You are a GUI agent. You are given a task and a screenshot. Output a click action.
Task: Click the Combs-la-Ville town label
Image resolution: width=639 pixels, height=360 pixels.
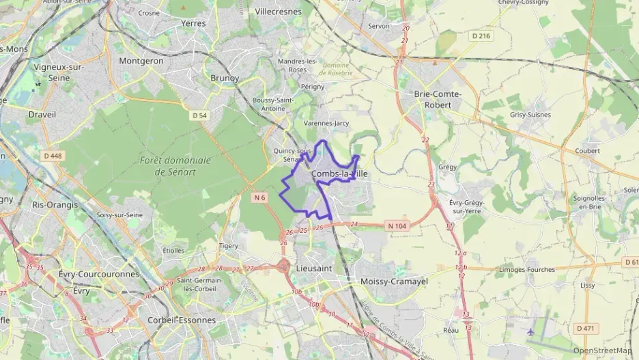click(x=339, y=174)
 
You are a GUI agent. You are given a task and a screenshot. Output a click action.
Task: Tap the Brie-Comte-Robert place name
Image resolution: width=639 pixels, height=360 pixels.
click(x=438, y=100)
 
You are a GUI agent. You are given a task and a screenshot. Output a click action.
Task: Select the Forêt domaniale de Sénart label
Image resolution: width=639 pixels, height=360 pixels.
click(x=175, y=166)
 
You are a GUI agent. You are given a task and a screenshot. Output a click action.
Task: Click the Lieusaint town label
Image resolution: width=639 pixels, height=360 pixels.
click(x=314, y=268)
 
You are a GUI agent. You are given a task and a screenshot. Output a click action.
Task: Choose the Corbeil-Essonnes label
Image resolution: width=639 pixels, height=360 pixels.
click(x=182, y=320)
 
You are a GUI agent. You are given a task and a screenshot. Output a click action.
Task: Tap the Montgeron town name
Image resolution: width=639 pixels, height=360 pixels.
click(x=141, y=61)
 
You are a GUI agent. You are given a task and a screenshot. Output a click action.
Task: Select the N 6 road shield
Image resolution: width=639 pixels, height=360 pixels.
click(x=258, y=197)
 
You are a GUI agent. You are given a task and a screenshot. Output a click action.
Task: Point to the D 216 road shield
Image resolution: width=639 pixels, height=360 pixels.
click(x=481, y=36)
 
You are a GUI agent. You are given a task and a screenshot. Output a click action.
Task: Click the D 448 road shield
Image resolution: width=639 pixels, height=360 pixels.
click(x=53, y=156)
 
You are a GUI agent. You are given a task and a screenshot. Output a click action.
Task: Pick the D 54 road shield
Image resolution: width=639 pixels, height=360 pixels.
click(x=199, y=115)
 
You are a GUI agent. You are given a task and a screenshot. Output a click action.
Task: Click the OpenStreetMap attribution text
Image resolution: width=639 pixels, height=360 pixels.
click(x=602, y=350)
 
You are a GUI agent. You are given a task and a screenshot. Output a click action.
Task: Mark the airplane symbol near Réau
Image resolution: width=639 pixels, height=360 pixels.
click(x=531, y=331)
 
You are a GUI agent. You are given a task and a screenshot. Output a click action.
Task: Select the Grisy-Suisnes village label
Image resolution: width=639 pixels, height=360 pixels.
click(x=530, y=115)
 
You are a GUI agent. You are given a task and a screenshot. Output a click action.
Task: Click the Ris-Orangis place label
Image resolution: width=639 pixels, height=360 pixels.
click(x=55, y=204)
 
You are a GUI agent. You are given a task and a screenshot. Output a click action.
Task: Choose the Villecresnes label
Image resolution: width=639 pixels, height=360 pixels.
click(x=278, y=12)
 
